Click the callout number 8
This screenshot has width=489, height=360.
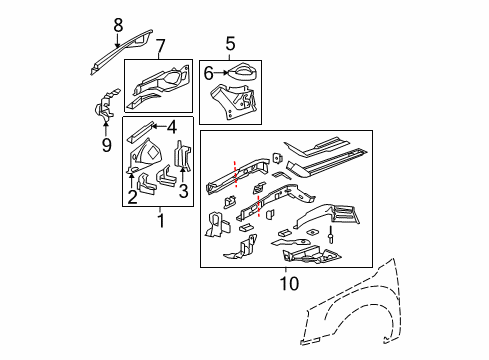tap(118, 25)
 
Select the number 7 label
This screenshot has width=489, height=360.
tap(159, 45)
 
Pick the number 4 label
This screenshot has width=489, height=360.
tap(172, 126)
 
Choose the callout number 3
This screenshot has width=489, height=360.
tap(184, 192)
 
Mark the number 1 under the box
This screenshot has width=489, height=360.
tap(160, 218)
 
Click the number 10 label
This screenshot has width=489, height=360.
tap(286, 284)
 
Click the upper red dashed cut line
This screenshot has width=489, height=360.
tap(236, 169)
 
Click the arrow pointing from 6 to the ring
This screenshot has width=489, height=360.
tap(222, 71)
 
